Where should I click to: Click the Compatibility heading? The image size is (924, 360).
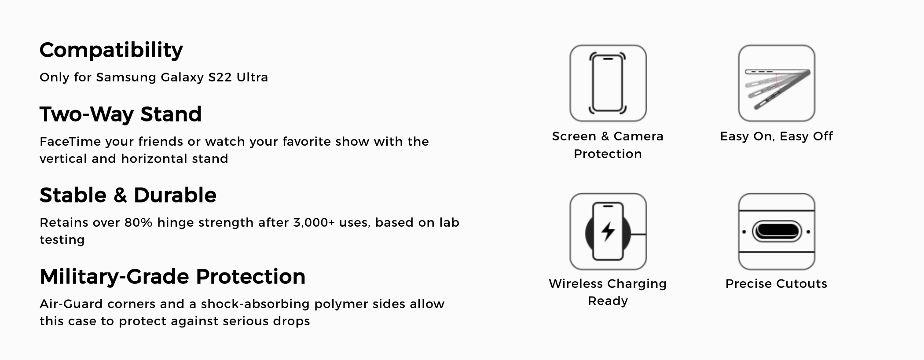click(111, 51)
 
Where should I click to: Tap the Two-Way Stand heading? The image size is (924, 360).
click(121, 114)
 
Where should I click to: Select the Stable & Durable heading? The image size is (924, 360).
click(128, 195)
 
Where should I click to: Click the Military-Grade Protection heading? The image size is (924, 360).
click(172, 276)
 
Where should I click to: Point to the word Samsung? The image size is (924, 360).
click(126, 78)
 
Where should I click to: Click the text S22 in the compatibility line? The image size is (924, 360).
click(220, 77)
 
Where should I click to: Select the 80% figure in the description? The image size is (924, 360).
click(138, 222)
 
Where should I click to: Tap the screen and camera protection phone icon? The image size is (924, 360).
click(608, 83)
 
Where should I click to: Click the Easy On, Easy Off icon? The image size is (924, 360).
click(777, 83)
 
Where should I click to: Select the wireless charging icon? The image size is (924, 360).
click(608, 231)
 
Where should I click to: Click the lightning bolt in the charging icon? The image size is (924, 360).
click(608, 231)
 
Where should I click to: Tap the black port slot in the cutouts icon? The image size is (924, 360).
click(776, 231)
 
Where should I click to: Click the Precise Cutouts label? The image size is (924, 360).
click(776, 283)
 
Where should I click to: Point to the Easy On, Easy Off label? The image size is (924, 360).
click(776, 136)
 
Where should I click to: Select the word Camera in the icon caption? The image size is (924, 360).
click(638, 136)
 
